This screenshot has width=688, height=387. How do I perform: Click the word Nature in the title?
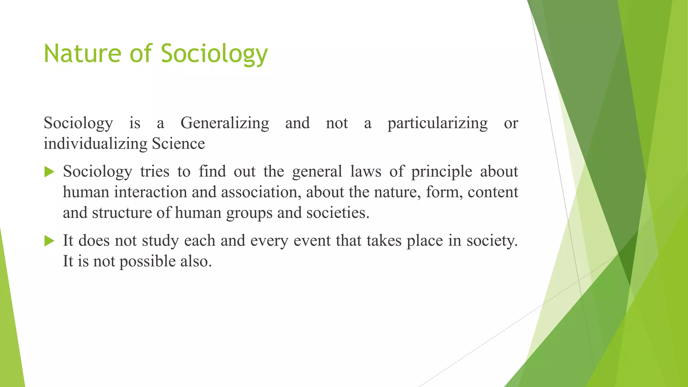[82, 54]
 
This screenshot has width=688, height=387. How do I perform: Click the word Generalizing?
[225, 123]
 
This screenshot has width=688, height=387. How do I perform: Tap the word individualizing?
[95, 144]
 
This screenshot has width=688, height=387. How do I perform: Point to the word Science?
[178, 144]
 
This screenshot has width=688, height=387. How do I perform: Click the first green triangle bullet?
[49, 172]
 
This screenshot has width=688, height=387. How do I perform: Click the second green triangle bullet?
[49, 241]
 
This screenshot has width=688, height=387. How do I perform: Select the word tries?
[155, 171]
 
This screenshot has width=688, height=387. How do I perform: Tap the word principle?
[442, 172]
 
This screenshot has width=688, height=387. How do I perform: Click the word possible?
[147, 262]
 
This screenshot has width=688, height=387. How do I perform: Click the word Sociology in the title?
[214, 54]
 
